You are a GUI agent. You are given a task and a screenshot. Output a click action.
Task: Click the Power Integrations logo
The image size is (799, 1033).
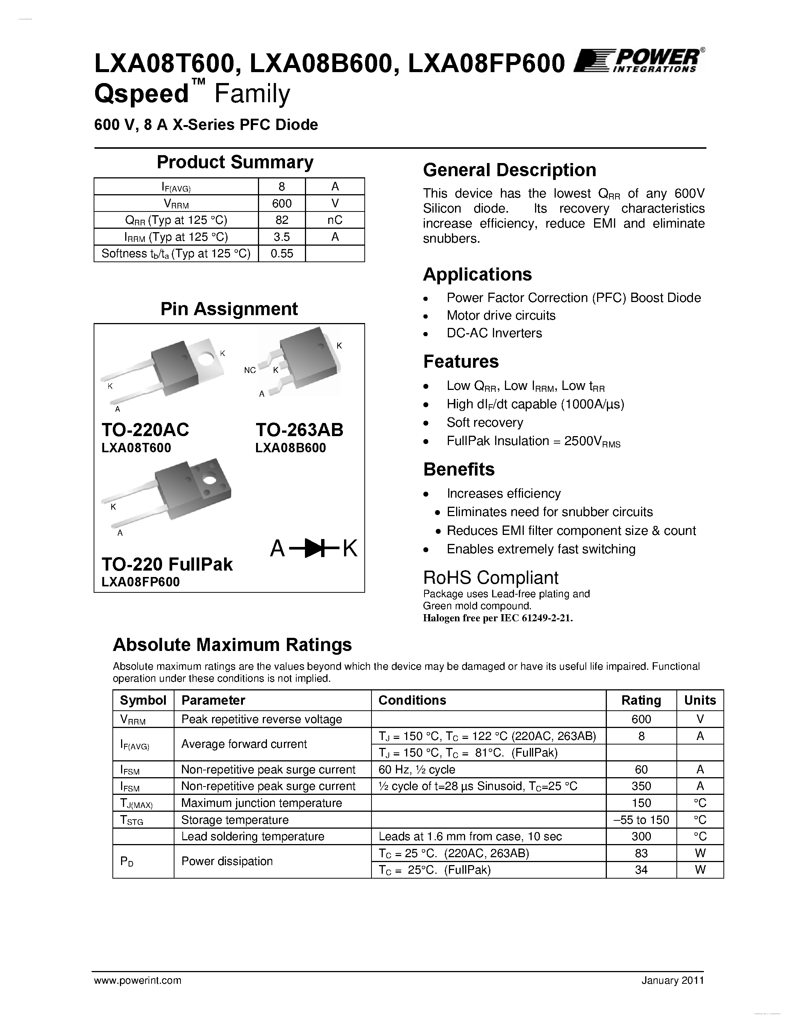click(x=638, y=60)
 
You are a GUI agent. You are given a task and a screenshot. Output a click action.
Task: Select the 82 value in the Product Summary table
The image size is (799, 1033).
click(x=282, y=220)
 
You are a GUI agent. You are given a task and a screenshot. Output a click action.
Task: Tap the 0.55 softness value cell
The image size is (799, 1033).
click(x=282, y=254)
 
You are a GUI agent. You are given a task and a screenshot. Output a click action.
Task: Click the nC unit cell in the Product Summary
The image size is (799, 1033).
click(x=335, y=220)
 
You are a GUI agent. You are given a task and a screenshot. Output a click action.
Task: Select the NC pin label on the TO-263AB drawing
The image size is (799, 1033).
click(x=250, y=370)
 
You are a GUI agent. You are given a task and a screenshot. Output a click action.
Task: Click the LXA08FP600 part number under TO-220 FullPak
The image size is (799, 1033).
click(x=141, y=582)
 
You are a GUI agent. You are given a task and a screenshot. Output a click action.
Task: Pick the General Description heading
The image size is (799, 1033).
click(x=509, y=170)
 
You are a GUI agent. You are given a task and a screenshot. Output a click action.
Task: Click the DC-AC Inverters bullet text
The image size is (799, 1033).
click(x=494, y=333)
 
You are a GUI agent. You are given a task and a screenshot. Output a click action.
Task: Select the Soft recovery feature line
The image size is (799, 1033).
click(x=485, y=422)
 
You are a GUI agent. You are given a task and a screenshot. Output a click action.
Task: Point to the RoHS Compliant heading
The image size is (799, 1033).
click(x=490, y=577)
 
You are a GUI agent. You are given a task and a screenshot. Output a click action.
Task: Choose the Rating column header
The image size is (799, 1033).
click(x=641, y=700)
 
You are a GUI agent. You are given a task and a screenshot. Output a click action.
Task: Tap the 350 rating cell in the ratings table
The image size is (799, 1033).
click(x=641, y=786)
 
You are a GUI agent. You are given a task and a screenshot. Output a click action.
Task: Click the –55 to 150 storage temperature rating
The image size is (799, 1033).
click(x=641, y=820)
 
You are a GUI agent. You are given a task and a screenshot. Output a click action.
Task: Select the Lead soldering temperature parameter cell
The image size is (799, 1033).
click(x=253, y=836)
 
